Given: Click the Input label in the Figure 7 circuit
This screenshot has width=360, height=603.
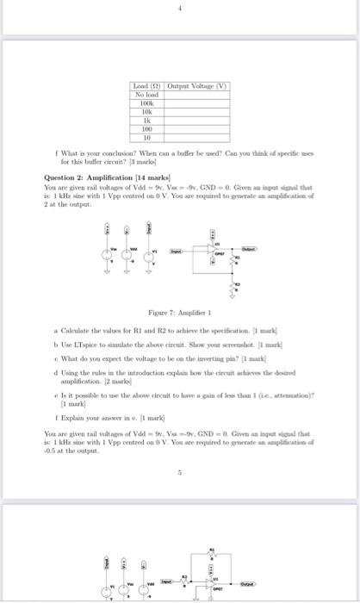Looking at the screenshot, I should tap(176, 252).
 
